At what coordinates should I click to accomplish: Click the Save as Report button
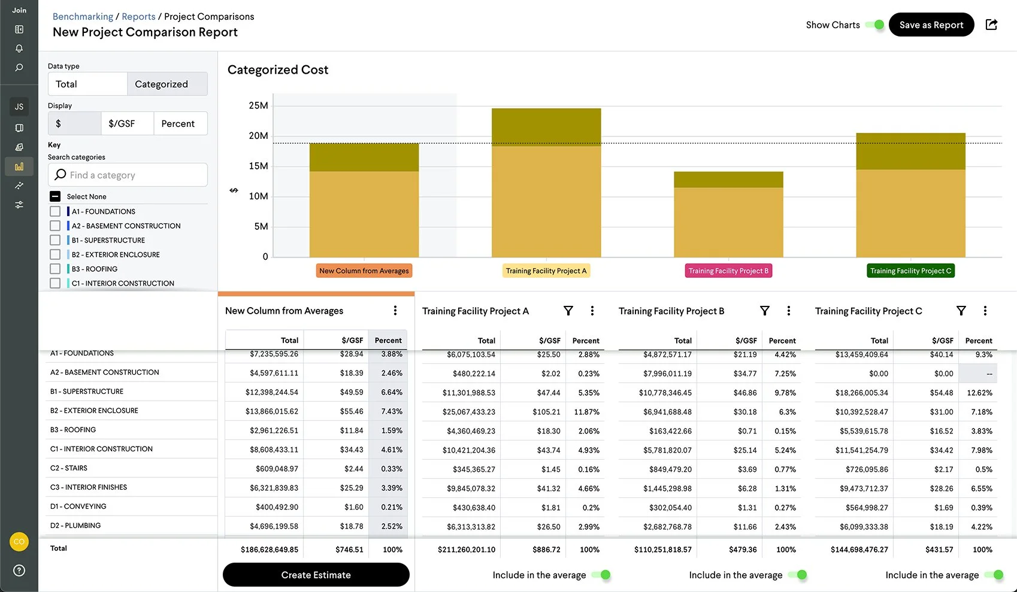pyautogui.click(x=931, y=25)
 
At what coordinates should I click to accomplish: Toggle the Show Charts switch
pyautogui.click(x=875, y=25)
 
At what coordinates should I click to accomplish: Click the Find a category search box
pyautogui.click(x=128, y=175)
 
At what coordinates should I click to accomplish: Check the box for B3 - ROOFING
pyautogui.click(x=55, y=269)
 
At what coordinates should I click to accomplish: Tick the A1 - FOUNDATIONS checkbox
pyautogui.click(x=55, y=211)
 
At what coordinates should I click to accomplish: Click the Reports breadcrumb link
pyautogui.click(x=138, y=16)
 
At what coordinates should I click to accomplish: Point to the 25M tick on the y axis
pyautogui.click(x=258, y=105)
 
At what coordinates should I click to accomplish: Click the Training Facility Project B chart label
pyautogui.click(x=728, y=271)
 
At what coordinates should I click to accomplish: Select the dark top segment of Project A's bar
pyautogui.click(x=546, y=127)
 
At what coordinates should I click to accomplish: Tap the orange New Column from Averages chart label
pyautogui.click(x=364, y=271)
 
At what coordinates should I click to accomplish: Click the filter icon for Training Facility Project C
pyautogui.click(x=961, y=311)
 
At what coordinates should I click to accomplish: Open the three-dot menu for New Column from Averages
pyautogui.click(x=395, y=310)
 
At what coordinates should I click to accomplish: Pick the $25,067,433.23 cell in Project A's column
pyautogui.click(x=469, y=412)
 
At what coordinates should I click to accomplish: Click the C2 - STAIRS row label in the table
pyautogui.click(x=68, y=467)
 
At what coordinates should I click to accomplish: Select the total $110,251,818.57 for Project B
pyautogui.click(x=663, y=550)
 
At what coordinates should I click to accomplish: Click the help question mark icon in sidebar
pyautogui.click(x=19, y=570)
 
